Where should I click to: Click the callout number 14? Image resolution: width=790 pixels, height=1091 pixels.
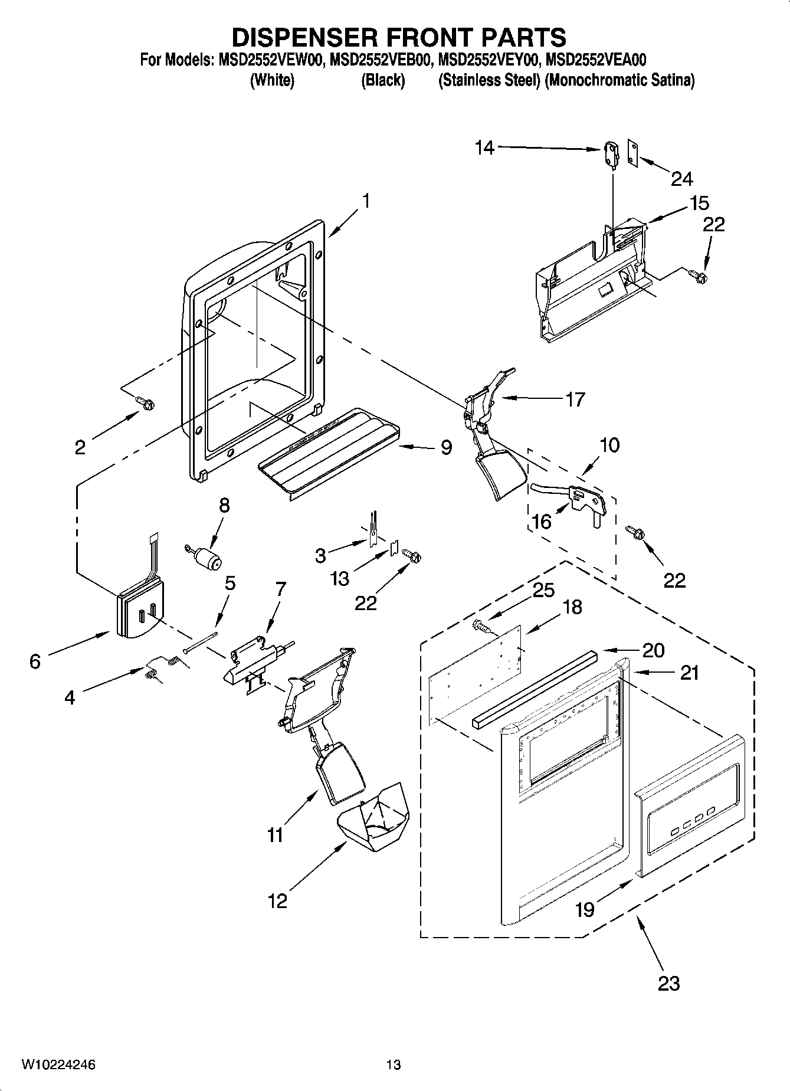(484, 147)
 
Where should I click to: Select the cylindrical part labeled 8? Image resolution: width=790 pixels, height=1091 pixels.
(206, 558)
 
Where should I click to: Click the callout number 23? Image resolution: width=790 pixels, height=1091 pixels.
(668, 983)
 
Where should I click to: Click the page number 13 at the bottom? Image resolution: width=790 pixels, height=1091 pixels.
(394, 1065)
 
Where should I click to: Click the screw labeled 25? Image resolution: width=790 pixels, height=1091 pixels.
(481, 626)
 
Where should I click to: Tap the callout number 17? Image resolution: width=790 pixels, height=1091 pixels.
(575, 399)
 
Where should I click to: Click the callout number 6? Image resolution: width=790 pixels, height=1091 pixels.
(35, 661)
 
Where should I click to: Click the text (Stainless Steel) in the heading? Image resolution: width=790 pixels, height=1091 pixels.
(489, 80)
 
